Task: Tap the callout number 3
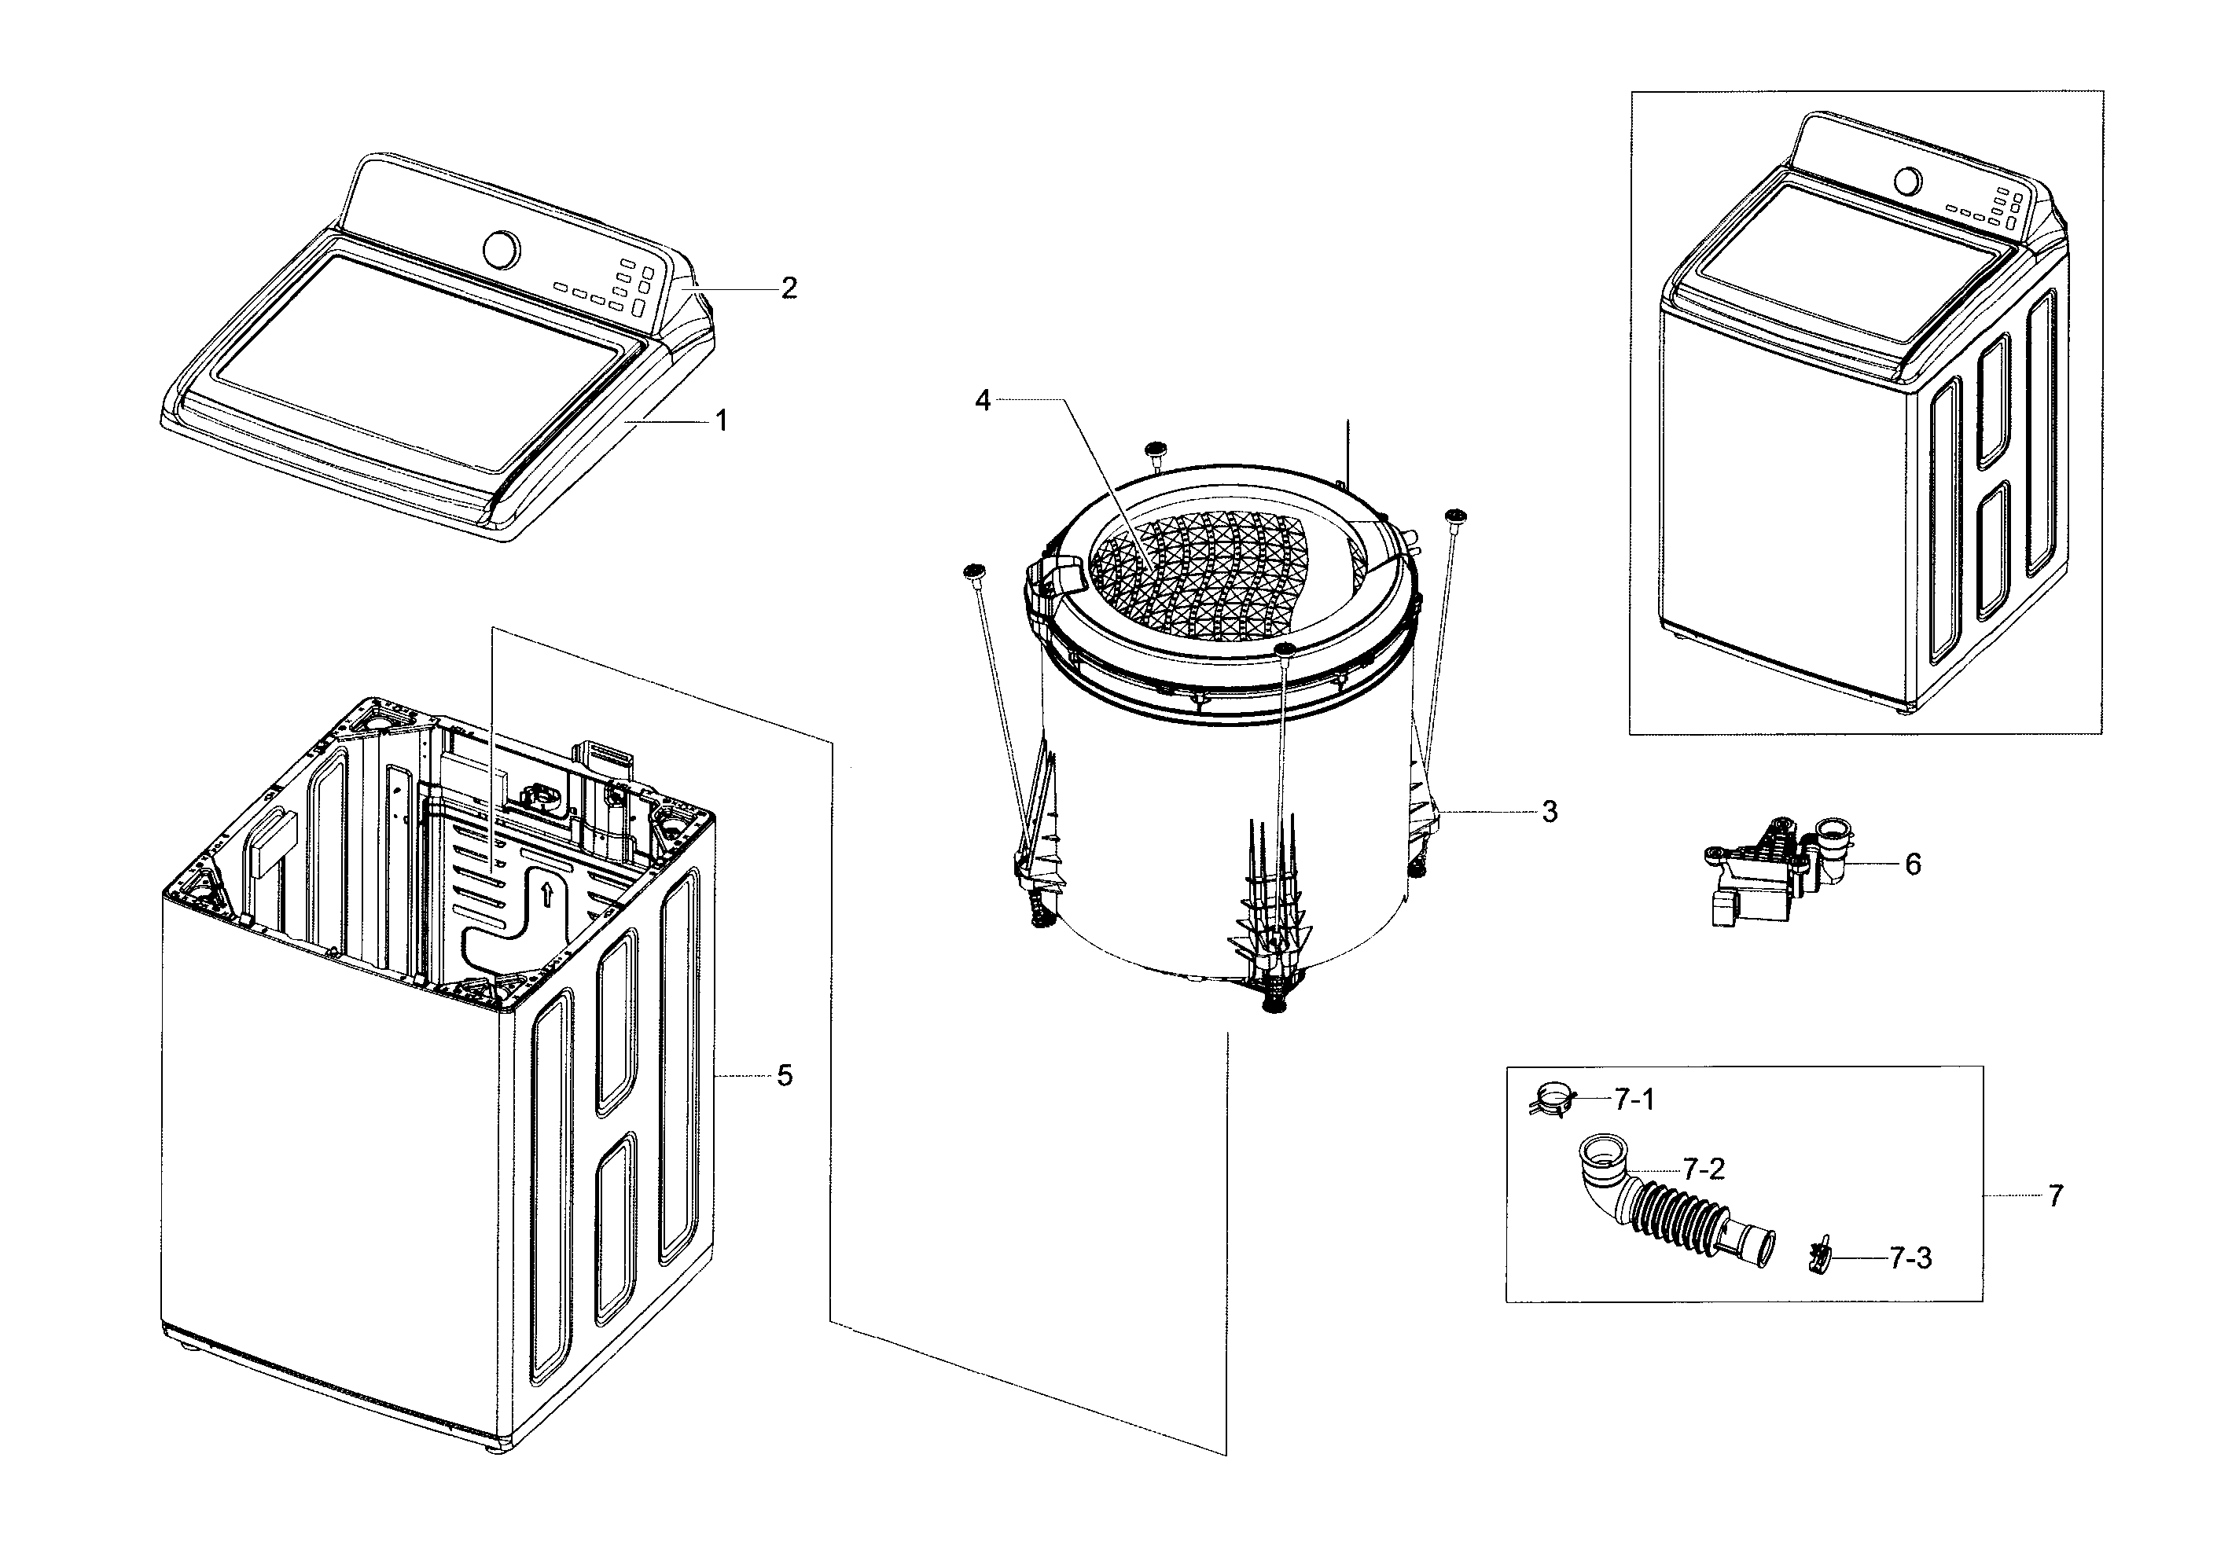click(1549, 812)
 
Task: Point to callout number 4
click(982, 400)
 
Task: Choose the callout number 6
click(1912, 863)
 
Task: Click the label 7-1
click(1634, 1099)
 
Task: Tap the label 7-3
click(1909, 1258)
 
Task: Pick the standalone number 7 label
click(2055, 1195)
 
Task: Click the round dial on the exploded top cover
click(500, 248)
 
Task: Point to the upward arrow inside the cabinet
click(546, 893)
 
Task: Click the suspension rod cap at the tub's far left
click(973, 572)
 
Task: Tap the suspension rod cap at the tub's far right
click(1455, 516)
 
